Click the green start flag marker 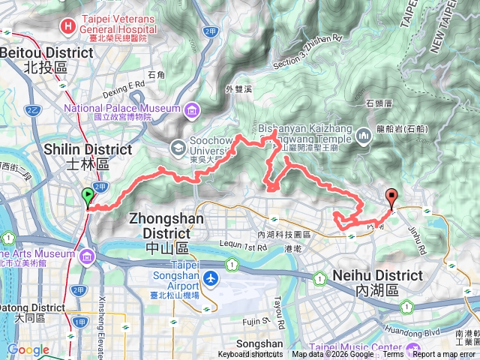coord(88,198)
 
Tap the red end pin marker coord(391,198)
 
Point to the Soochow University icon coord(178,146)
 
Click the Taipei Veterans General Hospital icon coord(69,25)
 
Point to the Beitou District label coord(46,59)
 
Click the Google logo coord(28,350)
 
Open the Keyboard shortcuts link coord(251,355)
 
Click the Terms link coord(393,355)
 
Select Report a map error coord(445,355)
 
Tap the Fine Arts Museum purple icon coord(88,258)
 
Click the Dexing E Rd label coord(124,85)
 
